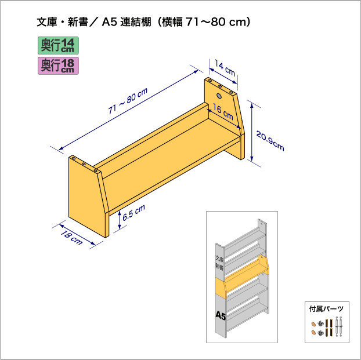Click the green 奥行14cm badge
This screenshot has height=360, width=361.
(x=58, y=46)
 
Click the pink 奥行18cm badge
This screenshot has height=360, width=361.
(x=58, y=66)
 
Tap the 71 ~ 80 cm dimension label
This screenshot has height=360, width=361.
(x=128, y=101)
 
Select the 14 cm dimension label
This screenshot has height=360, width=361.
(x=225, y=68)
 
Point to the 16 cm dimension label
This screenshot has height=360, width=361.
(x=223, y=112)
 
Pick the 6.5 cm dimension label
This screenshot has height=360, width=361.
(x=133, y=213)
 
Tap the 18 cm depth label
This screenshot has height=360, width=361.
(x=71, y=238)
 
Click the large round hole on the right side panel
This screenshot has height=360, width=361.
(x=219, y=96)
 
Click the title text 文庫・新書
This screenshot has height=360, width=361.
(x=63, y=22)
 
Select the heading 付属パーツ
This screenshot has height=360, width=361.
(x=326, y=309)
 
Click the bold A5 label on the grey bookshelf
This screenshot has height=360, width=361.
(x=221, y=315)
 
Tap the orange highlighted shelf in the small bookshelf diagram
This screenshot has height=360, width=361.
(x=242, y=277)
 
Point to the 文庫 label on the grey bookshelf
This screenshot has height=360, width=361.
(x=219, y=259)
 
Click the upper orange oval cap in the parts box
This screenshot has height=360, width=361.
(x=313, y=324)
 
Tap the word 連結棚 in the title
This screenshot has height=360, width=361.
(x=136, y=22)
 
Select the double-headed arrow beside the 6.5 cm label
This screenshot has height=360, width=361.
(x=120, y=220)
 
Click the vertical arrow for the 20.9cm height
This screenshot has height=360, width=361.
(x=252, y=132)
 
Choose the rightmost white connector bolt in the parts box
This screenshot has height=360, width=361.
(x=341, y=326)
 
